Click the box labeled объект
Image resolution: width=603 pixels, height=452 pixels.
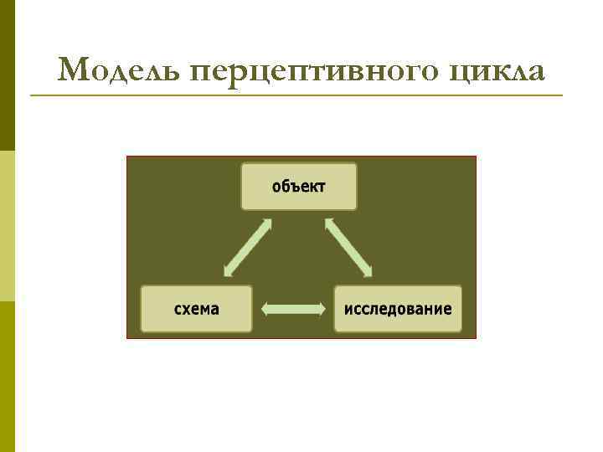click(299, 186)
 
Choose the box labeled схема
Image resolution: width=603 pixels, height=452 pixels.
click(196, 309)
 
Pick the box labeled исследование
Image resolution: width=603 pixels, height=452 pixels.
click(398, 309)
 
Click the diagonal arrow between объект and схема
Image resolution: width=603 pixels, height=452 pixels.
click(248, 248)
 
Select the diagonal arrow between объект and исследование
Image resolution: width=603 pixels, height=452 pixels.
click(348, 247)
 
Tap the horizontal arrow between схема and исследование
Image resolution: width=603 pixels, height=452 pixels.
click(293, 309)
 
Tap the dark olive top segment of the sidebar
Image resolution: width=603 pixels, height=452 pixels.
click(7, 75)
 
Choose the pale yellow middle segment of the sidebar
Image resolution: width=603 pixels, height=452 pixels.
click(7, 226)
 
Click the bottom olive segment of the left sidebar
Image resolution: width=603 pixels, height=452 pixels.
click(7, 377)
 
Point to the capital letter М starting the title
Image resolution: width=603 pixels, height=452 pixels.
click(74, 71)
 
